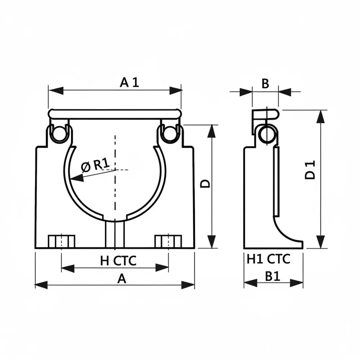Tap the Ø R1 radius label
(95, 165)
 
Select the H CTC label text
(118, 260)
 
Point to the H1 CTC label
(269, 259)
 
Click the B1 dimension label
(273, 276)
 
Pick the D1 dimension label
(310, 170)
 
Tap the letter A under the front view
(122, 278)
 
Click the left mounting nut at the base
(61, 241)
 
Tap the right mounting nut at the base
(168, 241)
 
